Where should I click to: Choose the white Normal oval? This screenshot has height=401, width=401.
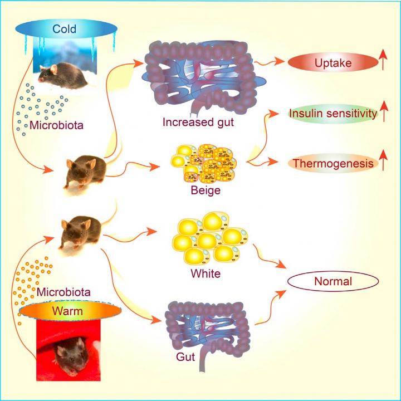click(x=333, y=281)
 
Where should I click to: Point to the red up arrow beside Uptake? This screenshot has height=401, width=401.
click(x=384, y=62)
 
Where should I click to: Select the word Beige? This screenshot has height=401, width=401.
click(x=206, y=191)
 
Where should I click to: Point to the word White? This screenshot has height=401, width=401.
click(x=206, y=273)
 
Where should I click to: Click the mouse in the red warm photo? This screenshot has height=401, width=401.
click(x=66, y=354)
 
